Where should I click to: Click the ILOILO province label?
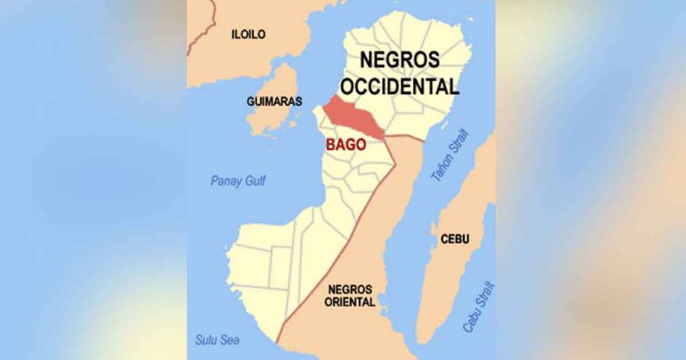click(249, 34)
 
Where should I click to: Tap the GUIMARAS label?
click(274, 101)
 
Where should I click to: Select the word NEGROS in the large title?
click(400, 60)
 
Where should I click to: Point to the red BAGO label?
click(346, 145)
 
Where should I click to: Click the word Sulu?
click(205, 339)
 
